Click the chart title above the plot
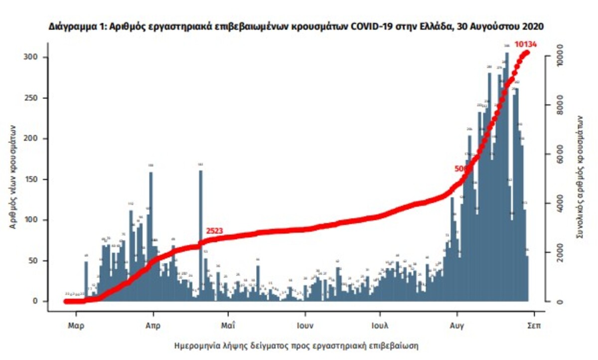296,25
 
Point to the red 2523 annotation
214,231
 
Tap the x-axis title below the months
296,345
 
